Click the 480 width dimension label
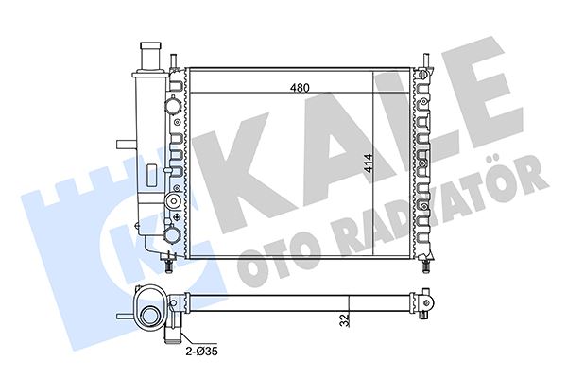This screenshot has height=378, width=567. click(x=300, y=88)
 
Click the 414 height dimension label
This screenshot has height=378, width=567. click(x=369, y=163)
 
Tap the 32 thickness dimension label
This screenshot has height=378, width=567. click(x=345, y=320)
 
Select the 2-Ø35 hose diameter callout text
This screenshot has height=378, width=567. click(x=202, y=351)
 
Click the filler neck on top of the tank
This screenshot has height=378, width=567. click(x=151, y=57)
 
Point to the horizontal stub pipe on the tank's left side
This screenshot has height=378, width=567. click(x=126, y=145)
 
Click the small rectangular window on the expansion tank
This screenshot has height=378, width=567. click(x=151, y=175)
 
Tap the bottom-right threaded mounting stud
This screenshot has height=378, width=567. click(x=426, y=264)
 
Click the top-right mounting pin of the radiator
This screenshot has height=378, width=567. click(x=427, y=60)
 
